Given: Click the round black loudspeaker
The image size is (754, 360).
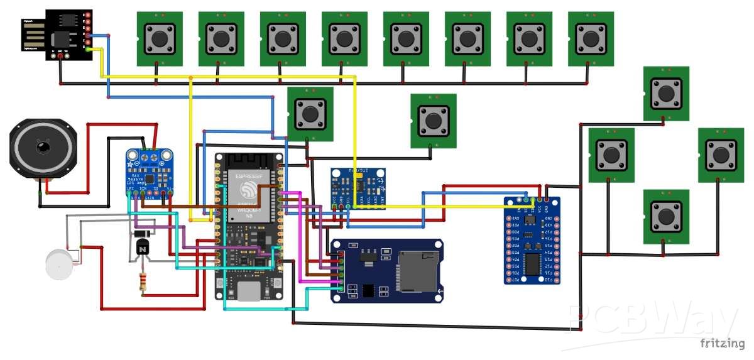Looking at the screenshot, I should (43, 148).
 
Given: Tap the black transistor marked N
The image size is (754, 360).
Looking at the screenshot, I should (143, 248).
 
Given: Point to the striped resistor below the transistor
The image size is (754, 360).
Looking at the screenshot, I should (143, 283).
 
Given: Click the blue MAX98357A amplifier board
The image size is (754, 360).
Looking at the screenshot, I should (150, 174).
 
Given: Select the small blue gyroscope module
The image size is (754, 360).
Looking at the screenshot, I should (358, 188).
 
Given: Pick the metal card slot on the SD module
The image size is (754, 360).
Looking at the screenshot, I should (418, 271).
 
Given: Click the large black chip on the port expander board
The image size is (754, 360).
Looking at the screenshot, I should (533, 264).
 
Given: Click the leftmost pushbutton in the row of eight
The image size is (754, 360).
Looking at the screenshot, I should (160, 38).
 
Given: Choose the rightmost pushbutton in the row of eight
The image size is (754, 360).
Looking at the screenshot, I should (591, 38).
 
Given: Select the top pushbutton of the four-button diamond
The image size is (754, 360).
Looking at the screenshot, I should (666, 94).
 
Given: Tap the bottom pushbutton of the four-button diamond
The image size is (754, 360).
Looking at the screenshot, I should (666, 217).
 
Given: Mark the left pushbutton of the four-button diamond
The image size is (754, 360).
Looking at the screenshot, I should (611, 155).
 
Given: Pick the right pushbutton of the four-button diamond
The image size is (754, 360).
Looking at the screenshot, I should (721, 155).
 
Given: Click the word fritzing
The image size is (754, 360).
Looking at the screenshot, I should (722, 343).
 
